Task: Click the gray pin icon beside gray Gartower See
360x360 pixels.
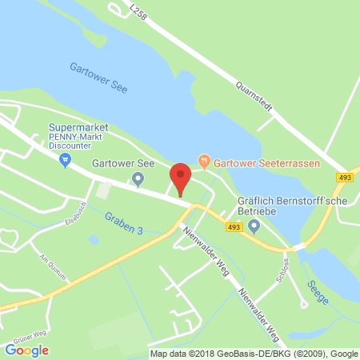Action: (138, 178)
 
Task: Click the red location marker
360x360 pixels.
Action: (181, 178)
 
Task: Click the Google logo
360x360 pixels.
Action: (26, 350)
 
